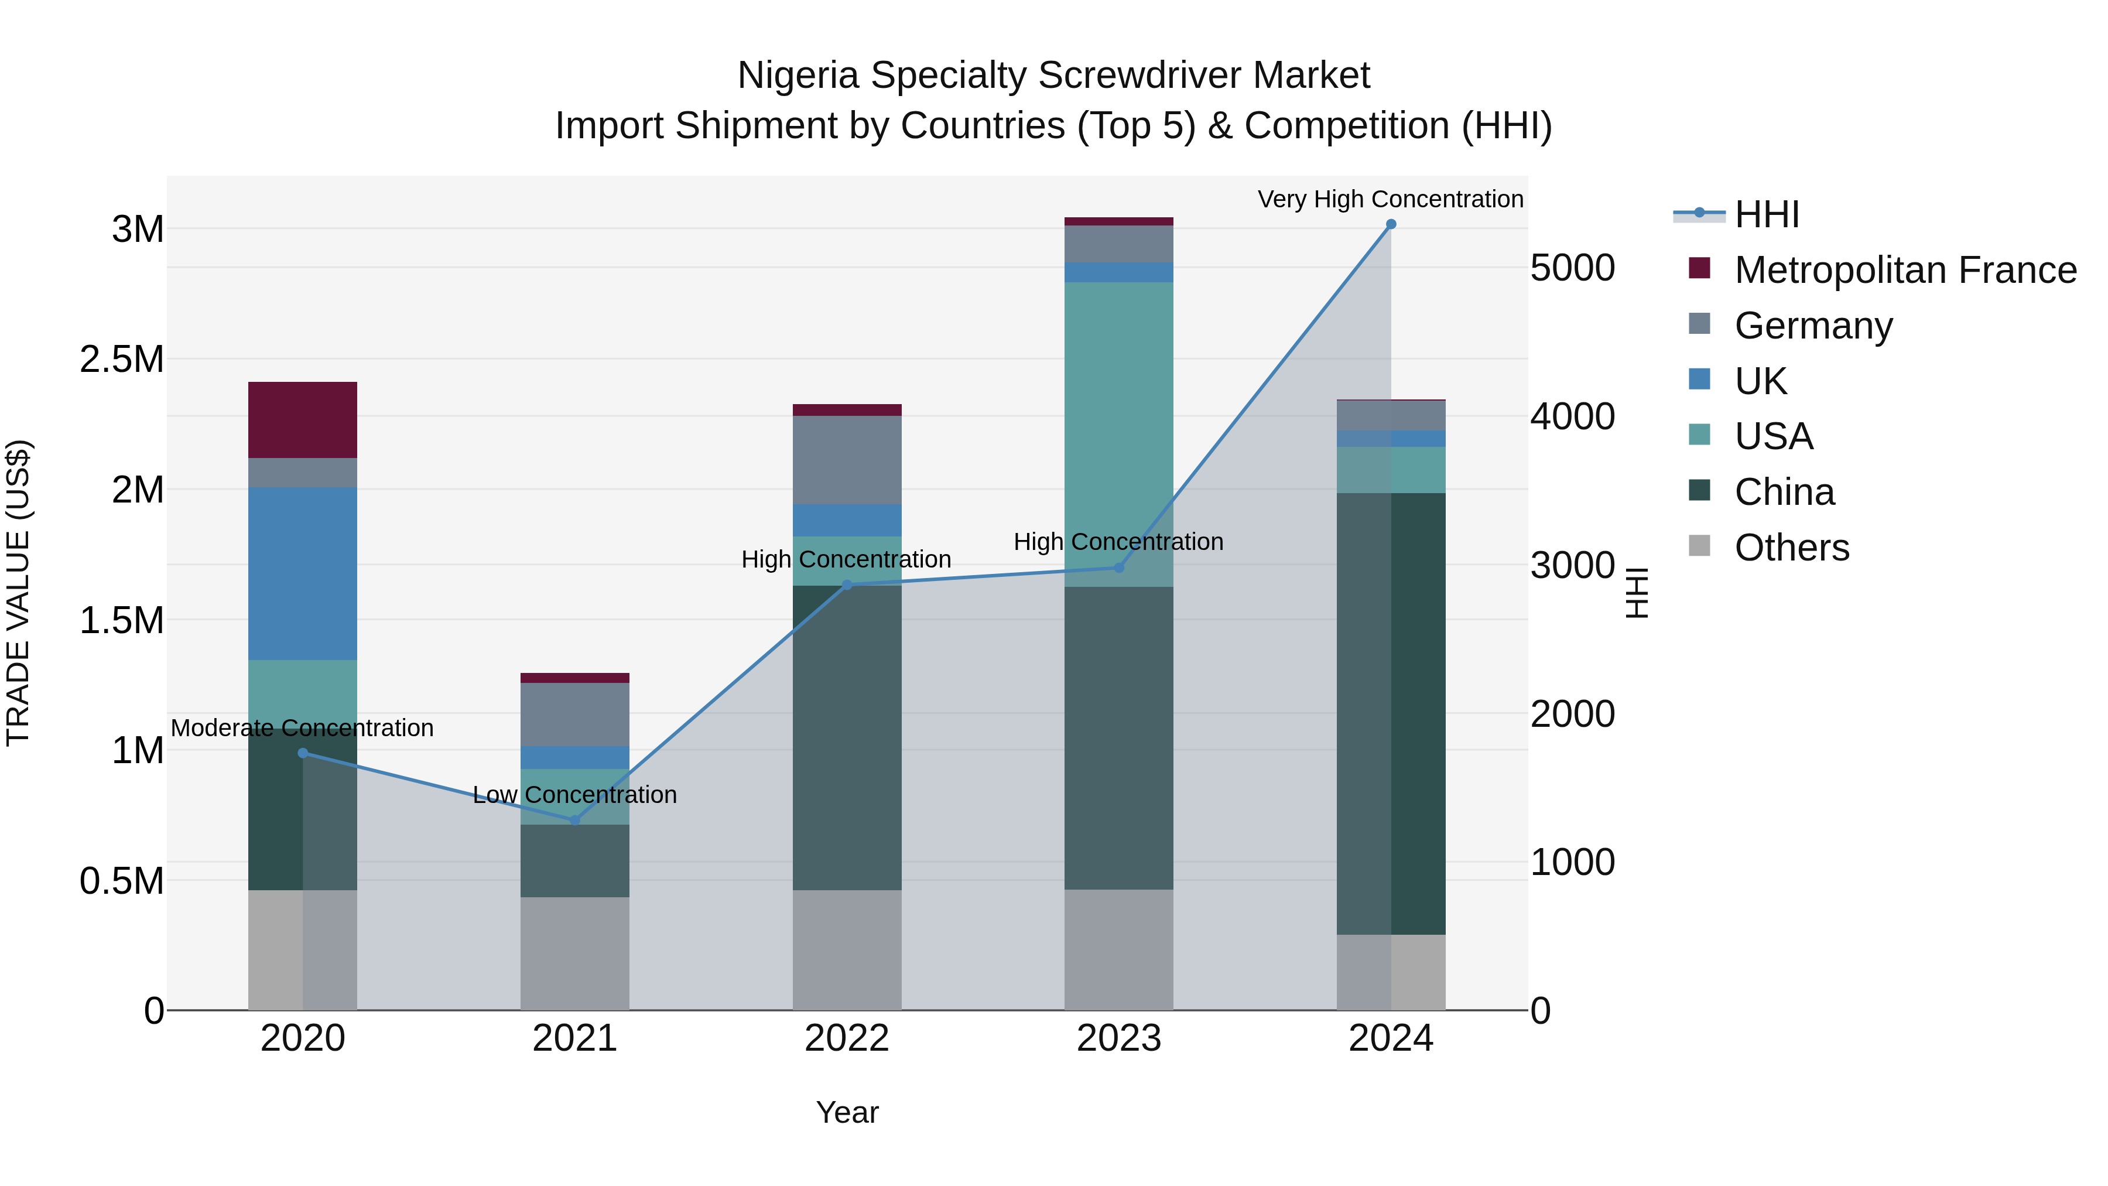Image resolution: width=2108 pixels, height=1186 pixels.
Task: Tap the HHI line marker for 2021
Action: point(574,820)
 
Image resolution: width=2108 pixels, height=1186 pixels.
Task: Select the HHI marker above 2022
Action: point(847,585)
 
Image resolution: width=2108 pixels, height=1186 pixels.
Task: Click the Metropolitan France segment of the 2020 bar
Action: point(302,420)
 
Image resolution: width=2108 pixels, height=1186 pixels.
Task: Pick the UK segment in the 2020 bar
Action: point(302,574)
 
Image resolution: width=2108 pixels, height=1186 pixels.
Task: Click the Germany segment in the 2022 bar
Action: point(847,460)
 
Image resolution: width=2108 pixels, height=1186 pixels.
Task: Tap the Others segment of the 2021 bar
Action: point(574,953)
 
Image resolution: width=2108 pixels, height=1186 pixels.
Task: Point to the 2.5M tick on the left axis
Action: point(122,360)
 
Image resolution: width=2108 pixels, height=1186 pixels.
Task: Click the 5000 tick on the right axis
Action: point(1572,268)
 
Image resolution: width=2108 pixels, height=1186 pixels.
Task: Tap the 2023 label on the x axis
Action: point(1118,1038)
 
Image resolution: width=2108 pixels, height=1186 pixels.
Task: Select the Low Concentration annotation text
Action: point(574,795)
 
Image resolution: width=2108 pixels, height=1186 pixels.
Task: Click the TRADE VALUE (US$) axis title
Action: point(18,593)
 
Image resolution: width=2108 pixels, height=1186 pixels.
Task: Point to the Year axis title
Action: point(847,1112)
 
